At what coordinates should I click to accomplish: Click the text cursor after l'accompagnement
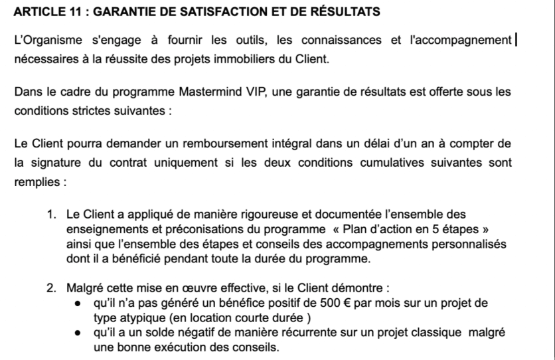(516, 41)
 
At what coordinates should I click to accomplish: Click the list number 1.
(51, 214)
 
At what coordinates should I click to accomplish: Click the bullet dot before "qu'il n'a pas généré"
(78, 304)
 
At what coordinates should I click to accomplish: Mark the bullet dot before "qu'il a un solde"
(78, 333)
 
